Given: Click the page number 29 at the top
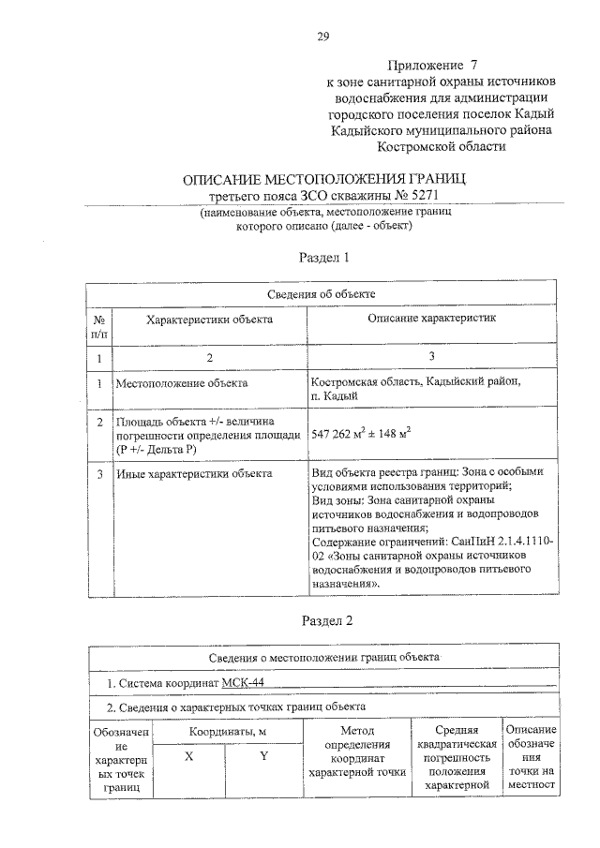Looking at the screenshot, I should coord(322,37).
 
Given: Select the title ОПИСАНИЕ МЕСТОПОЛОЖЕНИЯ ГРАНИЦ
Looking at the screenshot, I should coord(323,178).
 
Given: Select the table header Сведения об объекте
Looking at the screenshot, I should coord(323,294).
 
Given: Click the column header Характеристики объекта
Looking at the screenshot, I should coord(209,320).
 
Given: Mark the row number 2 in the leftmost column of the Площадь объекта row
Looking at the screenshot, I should coord(99,422).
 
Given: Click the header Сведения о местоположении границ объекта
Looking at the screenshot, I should coord(323,657).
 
